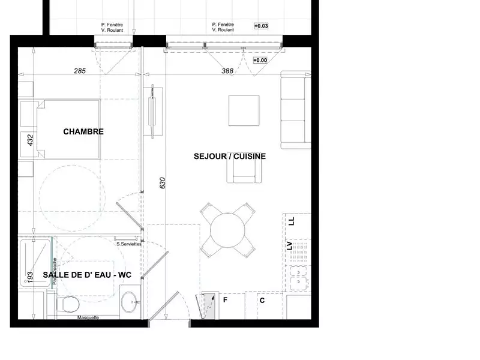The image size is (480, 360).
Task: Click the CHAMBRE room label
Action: tap(83, 131)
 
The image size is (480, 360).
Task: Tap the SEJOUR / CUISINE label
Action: tap(230, 156)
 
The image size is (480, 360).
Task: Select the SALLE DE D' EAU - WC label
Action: tap(87, 275)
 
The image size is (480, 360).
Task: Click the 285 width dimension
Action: tap(80, 71)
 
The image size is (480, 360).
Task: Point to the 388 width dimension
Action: tap(227, 71)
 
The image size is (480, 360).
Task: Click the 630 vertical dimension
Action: tap(162, 183)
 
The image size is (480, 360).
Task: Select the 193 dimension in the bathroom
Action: tap(29, 277)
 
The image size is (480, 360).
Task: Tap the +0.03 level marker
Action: tap(261, 26)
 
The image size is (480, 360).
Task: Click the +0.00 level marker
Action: tap(260, 61)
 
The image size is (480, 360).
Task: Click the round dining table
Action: tap(228, 230)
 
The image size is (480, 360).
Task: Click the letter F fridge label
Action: tap(226, 299)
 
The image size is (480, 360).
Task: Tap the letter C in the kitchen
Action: tap(262, 300)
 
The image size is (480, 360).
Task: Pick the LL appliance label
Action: tap(292, 221)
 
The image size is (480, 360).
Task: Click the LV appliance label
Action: tap(290, 245)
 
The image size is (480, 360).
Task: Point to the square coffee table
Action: tap(244, 110)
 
